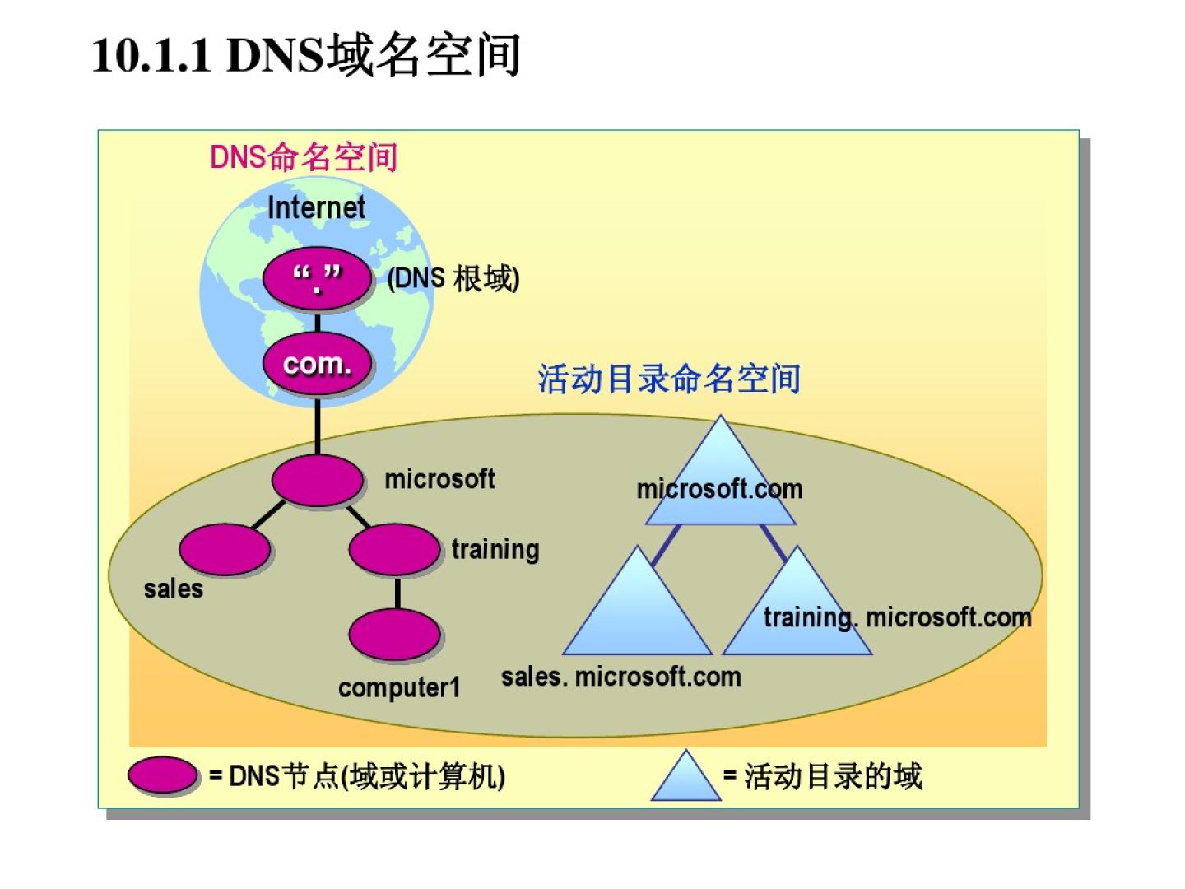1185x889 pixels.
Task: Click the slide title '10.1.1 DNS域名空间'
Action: click(306, 56)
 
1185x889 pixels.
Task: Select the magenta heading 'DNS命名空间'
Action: click(304, 156)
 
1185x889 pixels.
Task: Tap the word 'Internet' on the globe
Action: click(316, 207)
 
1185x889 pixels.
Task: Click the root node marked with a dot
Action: click(317, 279)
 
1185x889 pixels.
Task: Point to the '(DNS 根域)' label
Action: click(453, 279)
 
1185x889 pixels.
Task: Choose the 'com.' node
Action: click(317, 363)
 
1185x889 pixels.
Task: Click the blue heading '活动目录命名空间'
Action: click(669, 379)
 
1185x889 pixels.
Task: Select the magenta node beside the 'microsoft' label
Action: click(317, 481)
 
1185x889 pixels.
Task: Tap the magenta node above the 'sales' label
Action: click(224, 550)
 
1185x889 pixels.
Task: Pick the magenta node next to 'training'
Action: click(394, 550)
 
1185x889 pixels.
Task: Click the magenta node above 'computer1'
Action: click(395, 635)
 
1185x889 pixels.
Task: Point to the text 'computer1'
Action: click(399, 687)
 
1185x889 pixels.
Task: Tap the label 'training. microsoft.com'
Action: click(897, 617)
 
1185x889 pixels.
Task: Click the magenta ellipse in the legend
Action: click(163, 775)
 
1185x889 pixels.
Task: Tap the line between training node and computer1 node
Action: click(397, 593)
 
